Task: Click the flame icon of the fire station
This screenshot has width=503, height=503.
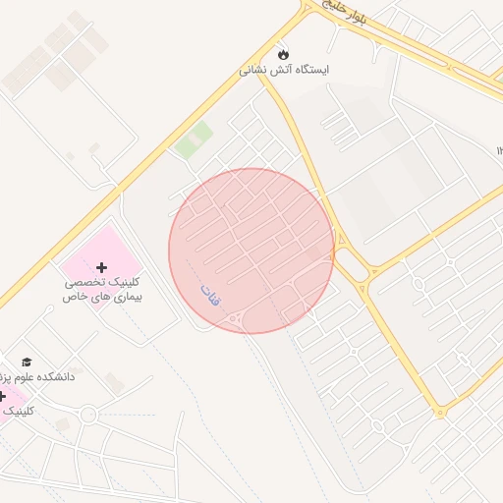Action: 284,53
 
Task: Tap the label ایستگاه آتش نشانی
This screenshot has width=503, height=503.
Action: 285,71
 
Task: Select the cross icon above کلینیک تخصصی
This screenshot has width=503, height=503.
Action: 102,267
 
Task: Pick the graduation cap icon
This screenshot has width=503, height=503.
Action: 27,363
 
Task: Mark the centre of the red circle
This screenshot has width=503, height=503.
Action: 251,251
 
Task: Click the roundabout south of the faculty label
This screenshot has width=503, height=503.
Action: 88,415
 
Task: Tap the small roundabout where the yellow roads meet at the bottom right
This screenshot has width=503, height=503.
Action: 440,412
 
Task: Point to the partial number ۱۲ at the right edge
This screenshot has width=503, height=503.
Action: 499,150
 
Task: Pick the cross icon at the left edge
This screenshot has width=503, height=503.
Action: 3,396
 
